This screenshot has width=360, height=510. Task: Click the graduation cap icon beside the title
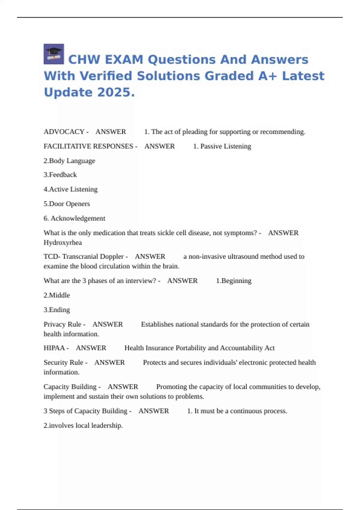pos(54,54)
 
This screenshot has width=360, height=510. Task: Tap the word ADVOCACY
pos(64,132)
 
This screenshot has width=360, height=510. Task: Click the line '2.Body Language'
pos(69,161)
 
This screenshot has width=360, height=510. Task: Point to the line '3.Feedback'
pos(60,175)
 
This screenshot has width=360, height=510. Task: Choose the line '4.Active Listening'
pos(70,189)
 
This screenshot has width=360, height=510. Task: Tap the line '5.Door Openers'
pos(67,204)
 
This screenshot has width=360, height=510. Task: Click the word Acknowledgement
pos(78,218)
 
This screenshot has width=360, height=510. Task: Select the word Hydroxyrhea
pos(63,242)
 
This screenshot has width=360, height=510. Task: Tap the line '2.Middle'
pos(57,295)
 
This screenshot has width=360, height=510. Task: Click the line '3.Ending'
pos(57,310)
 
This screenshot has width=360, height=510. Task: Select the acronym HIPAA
pos(54,348)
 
